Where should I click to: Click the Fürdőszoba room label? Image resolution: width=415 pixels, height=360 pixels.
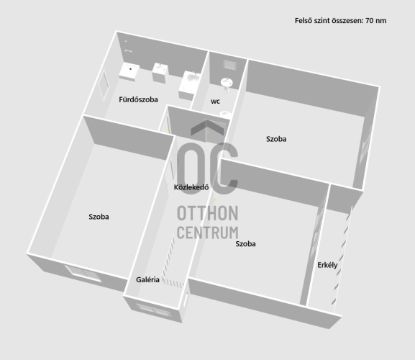[138, 99]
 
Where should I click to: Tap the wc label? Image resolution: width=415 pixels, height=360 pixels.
[215, 102]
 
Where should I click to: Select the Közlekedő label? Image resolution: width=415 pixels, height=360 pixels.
[191, 187]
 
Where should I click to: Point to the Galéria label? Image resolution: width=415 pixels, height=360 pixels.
[147, 279]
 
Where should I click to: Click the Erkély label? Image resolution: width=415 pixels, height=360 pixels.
[327, 265]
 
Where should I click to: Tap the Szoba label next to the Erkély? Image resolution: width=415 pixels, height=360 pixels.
[245, 243]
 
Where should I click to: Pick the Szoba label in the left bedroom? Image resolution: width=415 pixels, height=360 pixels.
[99, 217]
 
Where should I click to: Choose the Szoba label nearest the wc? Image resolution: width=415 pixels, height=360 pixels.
[276, 139]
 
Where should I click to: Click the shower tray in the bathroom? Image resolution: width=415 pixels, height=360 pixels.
[129, 71]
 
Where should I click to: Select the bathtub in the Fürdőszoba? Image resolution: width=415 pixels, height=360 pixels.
[189, 85]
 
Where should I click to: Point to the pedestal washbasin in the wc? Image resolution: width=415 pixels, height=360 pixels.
[227, 84]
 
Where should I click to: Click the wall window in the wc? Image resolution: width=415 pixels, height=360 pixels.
[229, 65]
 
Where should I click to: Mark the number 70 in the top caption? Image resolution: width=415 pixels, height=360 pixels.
[370, 21]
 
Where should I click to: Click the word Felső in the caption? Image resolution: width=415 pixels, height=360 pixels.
[304, 21]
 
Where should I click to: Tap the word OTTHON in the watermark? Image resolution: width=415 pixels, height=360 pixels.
[207, 213]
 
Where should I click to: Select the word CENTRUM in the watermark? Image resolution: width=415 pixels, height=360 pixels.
[207, 233]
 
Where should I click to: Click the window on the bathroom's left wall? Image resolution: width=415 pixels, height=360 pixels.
[104, 84]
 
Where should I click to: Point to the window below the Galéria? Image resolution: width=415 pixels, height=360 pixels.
[153, 310]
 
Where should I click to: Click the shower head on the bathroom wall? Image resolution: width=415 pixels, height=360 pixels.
[128, 51]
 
